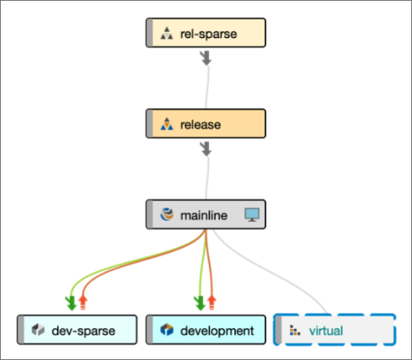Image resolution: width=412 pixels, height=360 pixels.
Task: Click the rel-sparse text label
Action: point(208,34)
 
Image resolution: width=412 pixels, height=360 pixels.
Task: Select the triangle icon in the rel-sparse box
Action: point(167,33)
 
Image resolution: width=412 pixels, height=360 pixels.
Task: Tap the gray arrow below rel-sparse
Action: point(206,58)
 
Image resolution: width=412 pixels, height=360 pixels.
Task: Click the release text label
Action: point(201,125)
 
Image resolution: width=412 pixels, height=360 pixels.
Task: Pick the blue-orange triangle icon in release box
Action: point(167,124)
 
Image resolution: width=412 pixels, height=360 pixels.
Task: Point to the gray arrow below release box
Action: point(206,149)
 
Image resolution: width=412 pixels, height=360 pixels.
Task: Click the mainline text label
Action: point(204,215)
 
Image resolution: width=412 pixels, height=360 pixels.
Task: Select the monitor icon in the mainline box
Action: point(252,215)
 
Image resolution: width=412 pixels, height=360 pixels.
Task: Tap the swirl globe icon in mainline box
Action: point(167,215)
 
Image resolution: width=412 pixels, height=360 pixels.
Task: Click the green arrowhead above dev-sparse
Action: point(71,303)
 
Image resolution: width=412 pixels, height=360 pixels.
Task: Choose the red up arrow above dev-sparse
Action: point(83,303)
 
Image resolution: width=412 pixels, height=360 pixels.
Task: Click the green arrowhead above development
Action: point(200,303)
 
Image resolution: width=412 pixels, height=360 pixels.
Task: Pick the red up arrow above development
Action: point(211,303)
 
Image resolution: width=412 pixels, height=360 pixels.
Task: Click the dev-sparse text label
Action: point(83,330)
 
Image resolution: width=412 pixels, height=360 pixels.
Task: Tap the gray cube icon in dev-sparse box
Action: point(38,330)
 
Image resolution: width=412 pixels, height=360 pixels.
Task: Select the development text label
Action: point(217,330)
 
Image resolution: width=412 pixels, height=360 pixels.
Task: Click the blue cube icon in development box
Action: point(167,330)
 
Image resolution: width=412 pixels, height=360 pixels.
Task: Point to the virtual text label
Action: point(326,330)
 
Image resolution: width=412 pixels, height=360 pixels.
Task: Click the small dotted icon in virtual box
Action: point(295,330)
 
